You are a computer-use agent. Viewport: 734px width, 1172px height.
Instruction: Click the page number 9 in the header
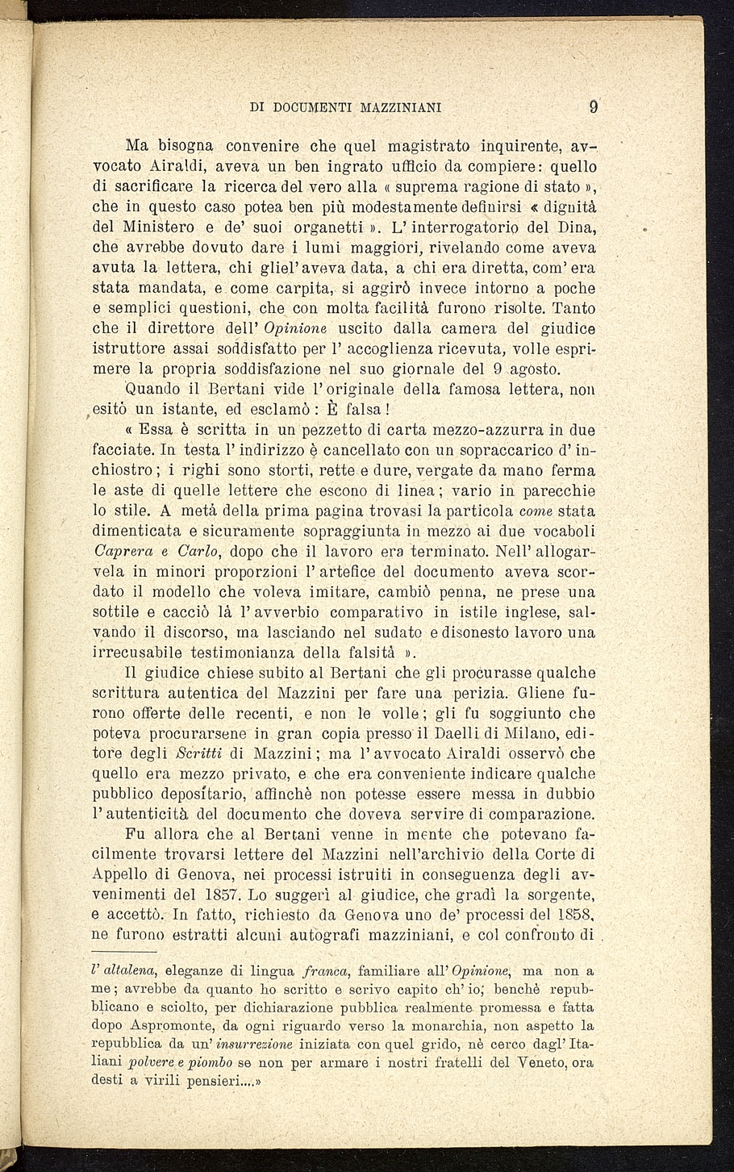tap(593, 106)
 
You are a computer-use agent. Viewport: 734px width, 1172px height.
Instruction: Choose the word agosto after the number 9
tap(539, 369)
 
